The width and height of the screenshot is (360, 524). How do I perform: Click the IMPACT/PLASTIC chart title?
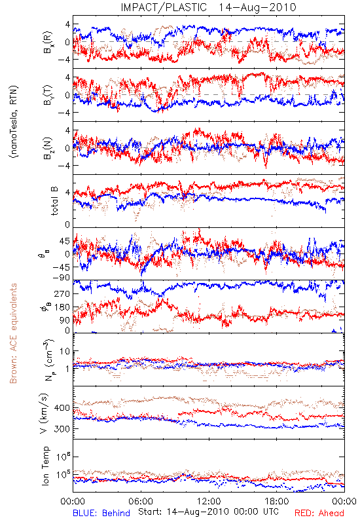point(208,7)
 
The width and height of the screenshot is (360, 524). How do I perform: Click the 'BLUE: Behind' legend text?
point(101,513)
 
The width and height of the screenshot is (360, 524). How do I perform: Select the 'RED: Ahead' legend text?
point(319,513)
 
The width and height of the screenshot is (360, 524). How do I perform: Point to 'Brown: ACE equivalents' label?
point(13,333)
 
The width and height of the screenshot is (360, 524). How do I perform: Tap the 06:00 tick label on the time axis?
point(141,501)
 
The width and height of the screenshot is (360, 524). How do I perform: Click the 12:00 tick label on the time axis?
point(209,501)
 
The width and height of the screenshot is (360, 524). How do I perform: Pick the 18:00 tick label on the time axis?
point(277,501)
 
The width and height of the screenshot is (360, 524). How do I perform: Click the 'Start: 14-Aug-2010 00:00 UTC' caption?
point(208,512)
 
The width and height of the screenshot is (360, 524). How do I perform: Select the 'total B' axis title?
point(54,201)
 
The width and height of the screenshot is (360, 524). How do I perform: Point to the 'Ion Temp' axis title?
point(45,466)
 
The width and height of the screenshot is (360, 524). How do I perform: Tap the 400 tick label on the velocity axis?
point(62,408)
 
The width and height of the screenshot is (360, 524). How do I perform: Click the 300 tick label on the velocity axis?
point(62,429)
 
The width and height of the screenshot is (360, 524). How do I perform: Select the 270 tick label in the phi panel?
point(62,293)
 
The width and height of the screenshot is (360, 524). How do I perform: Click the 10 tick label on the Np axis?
point(65,352)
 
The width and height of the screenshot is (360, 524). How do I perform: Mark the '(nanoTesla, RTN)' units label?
point(14,122)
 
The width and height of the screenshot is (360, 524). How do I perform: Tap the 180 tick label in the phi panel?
point(62,307)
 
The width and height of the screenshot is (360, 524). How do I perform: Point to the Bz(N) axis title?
point(47,148)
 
